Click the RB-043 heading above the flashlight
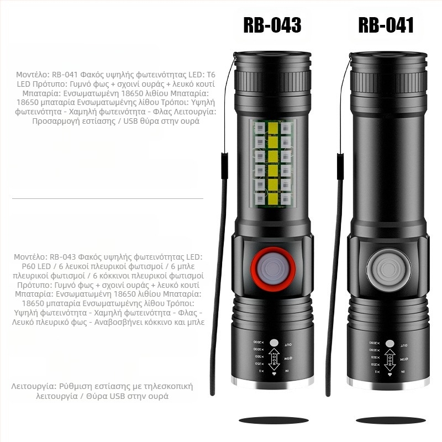[272, 25]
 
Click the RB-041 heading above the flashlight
[386, 25]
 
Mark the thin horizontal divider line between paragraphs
[108, 198]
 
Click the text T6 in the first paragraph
[211, 74]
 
